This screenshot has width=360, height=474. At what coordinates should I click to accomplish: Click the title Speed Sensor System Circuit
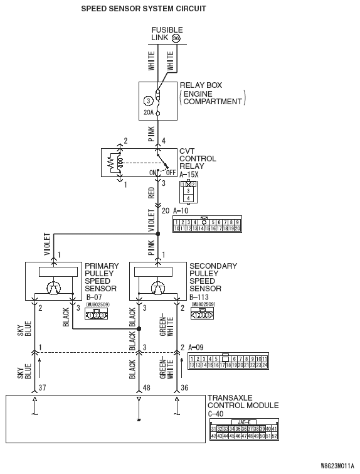tap(144, 9)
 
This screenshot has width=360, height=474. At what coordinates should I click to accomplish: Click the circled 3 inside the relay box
tap(148, 100)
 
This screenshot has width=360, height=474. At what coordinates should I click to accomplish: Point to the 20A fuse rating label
tap(148, 113)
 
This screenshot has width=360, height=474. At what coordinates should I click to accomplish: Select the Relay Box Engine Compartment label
tap(211, 93)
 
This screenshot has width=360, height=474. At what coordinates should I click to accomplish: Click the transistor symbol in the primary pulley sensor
tap(55, 288)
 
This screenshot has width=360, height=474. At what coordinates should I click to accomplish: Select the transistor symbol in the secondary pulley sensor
tap(159, 288)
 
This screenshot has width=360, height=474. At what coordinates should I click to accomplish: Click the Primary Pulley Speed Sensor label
tap(100, 277)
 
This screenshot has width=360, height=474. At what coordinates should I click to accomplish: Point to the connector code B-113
tap(201, 297)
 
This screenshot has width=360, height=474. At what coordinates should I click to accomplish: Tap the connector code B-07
tap(95, 297)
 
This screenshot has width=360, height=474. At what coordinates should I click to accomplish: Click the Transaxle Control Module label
tap(243, 402)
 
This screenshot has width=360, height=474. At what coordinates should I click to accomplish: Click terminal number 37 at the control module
tap(43, 387)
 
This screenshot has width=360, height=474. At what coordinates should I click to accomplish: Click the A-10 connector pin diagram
tap(208, 225)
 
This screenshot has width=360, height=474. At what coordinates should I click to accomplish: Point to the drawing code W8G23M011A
tap(337, 467)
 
